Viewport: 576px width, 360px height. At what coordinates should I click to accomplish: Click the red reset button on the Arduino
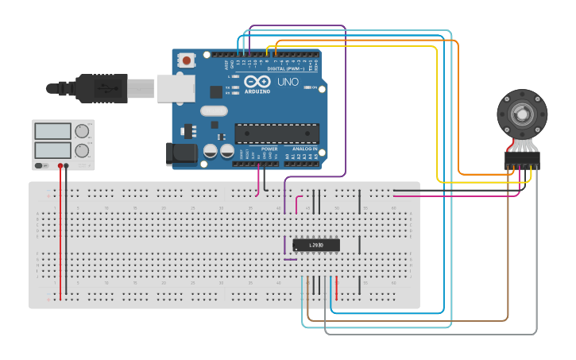[x=187, y=60]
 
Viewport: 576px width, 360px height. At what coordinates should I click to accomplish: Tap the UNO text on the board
[x=288, y=82]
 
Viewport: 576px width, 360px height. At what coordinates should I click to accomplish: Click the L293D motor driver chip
[x=316, y=245]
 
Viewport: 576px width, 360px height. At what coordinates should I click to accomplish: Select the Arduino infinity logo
[x=257, y=81]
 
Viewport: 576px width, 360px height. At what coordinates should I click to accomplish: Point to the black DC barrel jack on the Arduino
[x=180, y=154]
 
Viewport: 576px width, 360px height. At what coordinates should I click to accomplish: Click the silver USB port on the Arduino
[x=176, y=87]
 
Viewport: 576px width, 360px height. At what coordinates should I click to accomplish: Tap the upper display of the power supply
[x=52, y=131]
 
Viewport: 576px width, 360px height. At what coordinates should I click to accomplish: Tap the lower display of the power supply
[x=52, y=149]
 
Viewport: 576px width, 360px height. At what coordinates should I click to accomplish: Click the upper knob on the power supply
[x=82, y=131]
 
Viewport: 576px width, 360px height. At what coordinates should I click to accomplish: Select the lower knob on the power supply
[x=82, y=150]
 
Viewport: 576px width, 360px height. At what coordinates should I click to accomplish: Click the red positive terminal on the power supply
[x=60, y=166]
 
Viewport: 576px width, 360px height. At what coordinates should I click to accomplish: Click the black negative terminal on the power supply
[x=67, y=166]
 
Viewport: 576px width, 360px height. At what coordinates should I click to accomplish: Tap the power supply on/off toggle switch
[x=41, y=165]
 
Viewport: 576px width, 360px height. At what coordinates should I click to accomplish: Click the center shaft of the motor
[x=522, y=114]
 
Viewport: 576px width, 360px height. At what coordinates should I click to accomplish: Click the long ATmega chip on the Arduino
[x=276, y=134]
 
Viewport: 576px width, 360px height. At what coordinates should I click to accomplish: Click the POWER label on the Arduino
[x=269, y=149]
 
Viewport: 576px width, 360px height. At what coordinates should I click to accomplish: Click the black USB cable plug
[x=101, y=88]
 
